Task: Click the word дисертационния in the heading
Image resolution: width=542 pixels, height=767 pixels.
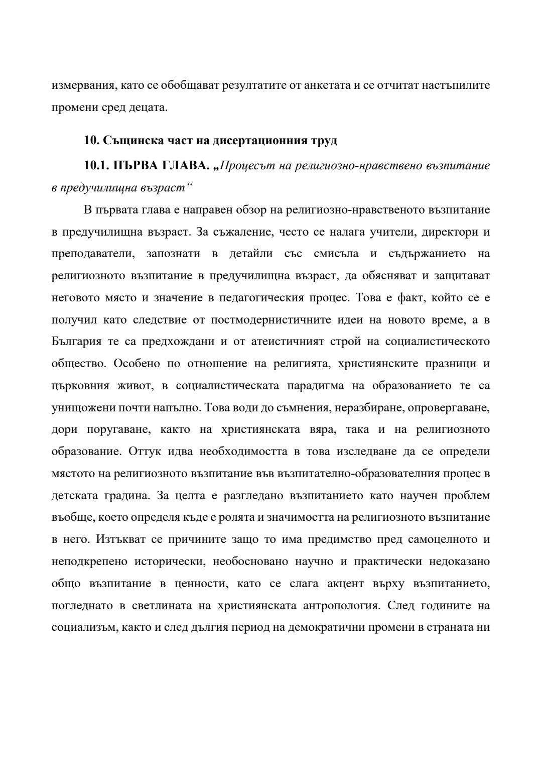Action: (254, 141)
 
